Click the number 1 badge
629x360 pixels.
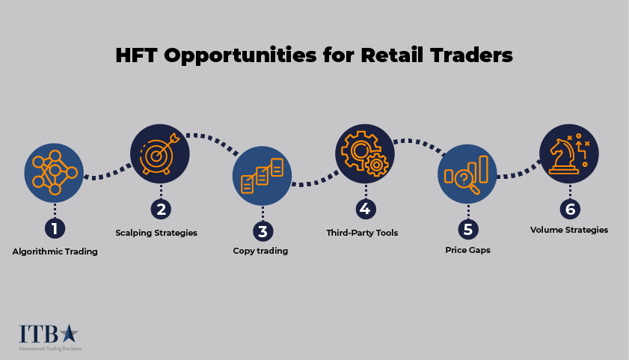55,228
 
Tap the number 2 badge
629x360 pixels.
160,209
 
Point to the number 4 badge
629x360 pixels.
363,209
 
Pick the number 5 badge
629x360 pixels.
467,228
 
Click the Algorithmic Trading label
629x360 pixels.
55,251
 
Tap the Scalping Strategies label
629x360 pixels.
156,233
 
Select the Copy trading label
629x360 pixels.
260,251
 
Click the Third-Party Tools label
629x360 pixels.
362,233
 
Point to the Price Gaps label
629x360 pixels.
467,250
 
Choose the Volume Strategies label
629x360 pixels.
569,230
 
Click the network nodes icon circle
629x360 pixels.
55,172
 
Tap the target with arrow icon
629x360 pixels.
160,153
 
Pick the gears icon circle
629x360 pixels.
364,153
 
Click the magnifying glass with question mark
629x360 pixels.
465,179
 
